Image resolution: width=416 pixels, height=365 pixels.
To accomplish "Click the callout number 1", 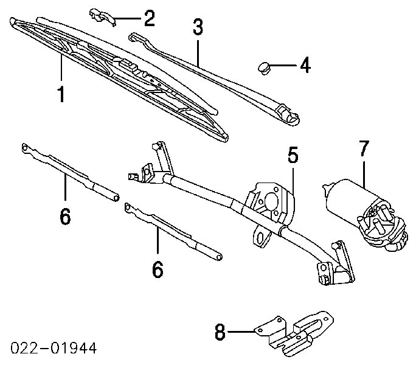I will tap(61, 95).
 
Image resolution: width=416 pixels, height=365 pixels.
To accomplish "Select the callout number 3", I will tap(198, 27).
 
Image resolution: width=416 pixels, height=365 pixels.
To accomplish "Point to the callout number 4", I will tap(303, 64).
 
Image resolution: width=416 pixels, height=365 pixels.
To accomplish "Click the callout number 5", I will tap(293, 156).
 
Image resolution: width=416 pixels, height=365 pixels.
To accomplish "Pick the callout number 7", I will tap(363, 148).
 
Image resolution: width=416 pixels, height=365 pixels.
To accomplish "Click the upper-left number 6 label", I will tap(65, 215).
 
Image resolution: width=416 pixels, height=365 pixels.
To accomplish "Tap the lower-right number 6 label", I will tap(158, 269).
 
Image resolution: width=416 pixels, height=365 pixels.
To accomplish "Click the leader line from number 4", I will tap(285, 64).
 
